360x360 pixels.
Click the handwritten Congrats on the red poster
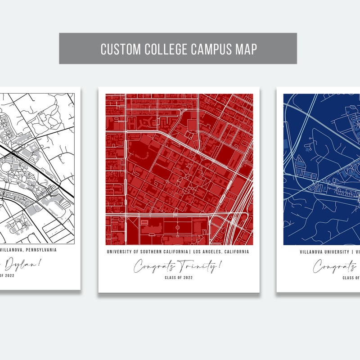pyautogui.click(x=153, y=267)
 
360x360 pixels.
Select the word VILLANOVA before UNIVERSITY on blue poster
pyautogui.click(x=312, y=252)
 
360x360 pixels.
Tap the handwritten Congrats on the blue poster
pyautogui.click(x=333, y=266)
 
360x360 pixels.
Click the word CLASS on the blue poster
pyautogui.click(x=349, y=278)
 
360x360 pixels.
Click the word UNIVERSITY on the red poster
pyautogui.click(x=120, y=252)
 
